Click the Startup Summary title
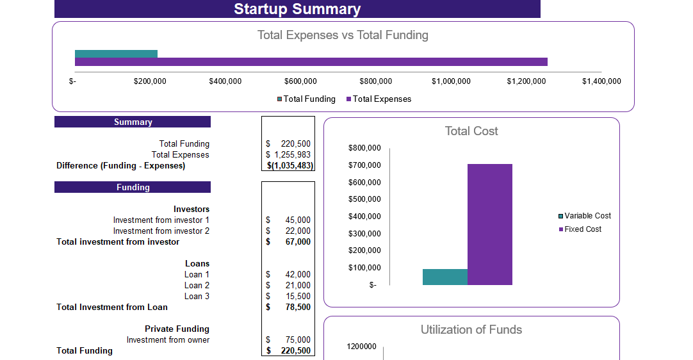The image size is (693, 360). pyautogui.click(x=297, y=9)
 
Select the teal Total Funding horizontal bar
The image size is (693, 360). pyautogui.click(x=116, y=54)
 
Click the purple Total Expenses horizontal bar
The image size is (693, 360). pyautogui.click(x=311, y=62)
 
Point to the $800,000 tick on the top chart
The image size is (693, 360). pyautogui.click(x=375, y=81)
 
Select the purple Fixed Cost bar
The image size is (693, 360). pyautogui.click(x=489, y=224)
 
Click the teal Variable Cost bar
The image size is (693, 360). pyautogui.click(x=444, y=277)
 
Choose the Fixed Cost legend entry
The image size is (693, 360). pyautogui.click(x=582, y=229)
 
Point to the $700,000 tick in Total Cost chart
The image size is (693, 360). pyautogui.click(x=364, y=165)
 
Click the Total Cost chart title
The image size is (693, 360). pyautogui.click(x=471, y=131)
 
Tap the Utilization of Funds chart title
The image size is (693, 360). pyautogui.click(x=471, y=330)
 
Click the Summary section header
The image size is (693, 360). pyautogui.click(x=133, y=122)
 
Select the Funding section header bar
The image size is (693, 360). pyautogui.click(x=133, y=188)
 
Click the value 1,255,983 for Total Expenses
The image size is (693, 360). pyautogui.click(x=292, y=155)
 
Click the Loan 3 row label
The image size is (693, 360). pyautogui.click(x=197, y=297)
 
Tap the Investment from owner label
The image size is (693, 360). pyautogui.click(x=168, y=340)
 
